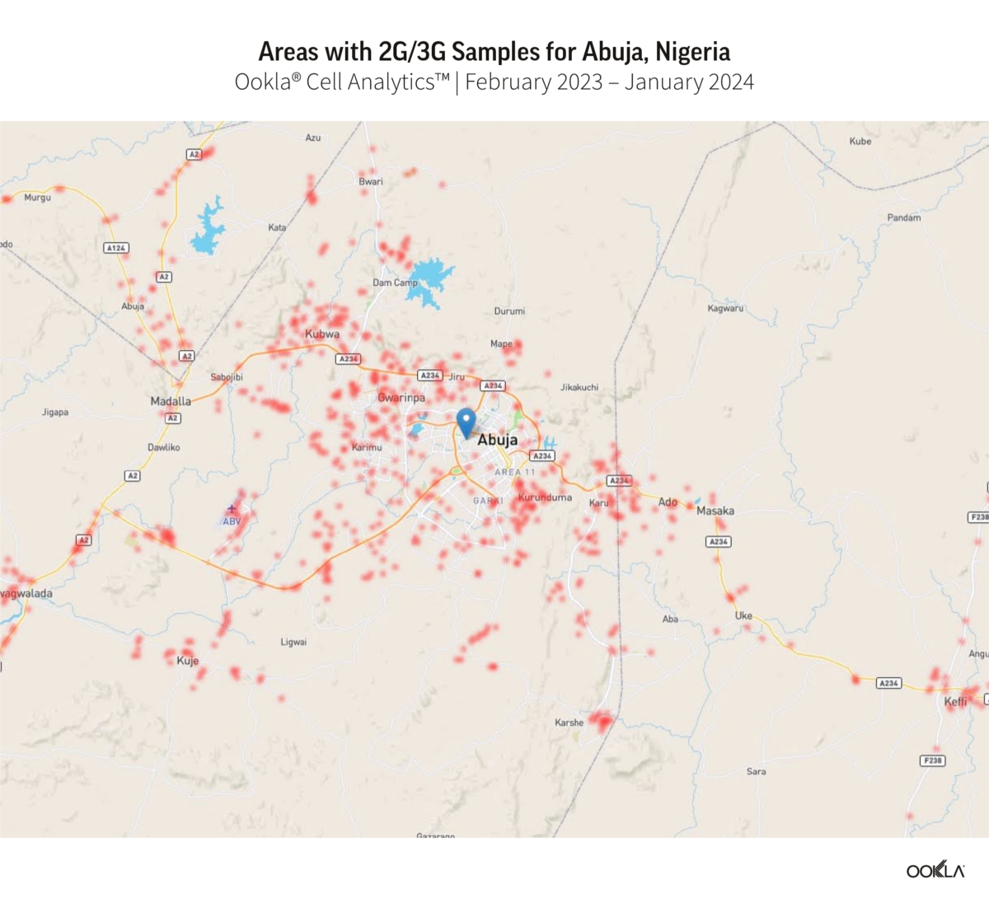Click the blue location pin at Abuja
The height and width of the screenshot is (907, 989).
pyautogui.click(x=466, y=421)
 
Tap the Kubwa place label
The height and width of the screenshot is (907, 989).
pyautogui.click(x=322, y=334)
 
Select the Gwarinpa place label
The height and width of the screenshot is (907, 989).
pyautogui.click(x=402, y=398)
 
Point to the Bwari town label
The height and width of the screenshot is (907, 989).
pyautogui.click(x=371, y=181)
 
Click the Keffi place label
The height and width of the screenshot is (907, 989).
pyautogui.click(x=955, y=702)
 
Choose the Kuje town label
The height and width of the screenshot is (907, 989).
pyautogui.click(x=188, y=661)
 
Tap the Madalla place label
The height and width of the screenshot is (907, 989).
pyautogui.click(x=171, y=401)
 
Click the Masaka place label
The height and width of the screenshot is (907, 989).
pyautogui.click(x=715, y=511)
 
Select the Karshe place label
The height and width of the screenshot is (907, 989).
pyautogui.click(x=569, y=722)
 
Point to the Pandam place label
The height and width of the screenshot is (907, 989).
pyautogui.click(x=904, y=217)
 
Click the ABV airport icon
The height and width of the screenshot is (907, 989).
pyautogui.click(x=232, y=509)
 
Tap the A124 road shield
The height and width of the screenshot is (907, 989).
pyautogui.click(x=116, y=248)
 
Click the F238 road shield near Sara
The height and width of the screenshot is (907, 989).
pyautogui.click(x=933, y=760)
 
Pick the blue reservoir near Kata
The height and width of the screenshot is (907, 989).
pyautogui.click(x=209, y=227)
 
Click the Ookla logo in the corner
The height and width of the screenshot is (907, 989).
pyautogui.click(x=935, y=871)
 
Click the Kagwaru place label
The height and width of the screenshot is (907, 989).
pyautogui.click(x=725, y=308)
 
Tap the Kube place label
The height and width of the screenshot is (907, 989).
pyautogui.click(x=860, y=141)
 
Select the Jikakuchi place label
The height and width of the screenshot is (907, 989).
pyautogui.click(x=579, y=387)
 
